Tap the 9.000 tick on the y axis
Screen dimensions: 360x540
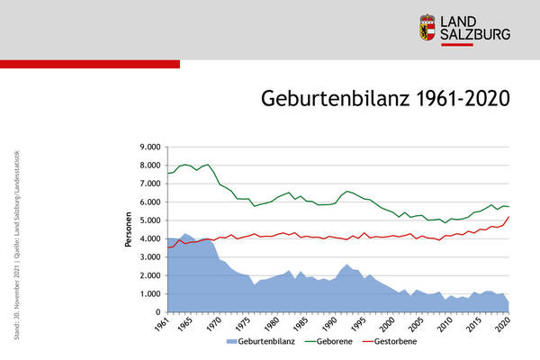(147, 147)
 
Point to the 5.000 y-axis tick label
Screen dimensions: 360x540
(147, 220)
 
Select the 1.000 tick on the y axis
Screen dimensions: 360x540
(147, 294)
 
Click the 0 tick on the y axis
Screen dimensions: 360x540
(157, 312)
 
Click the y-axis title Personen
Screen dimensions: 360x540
(129, 229)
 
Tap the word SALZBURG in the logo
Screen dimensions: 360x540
(478, 35)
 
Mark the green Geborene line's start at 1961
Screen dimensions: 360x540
(167, 173)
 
